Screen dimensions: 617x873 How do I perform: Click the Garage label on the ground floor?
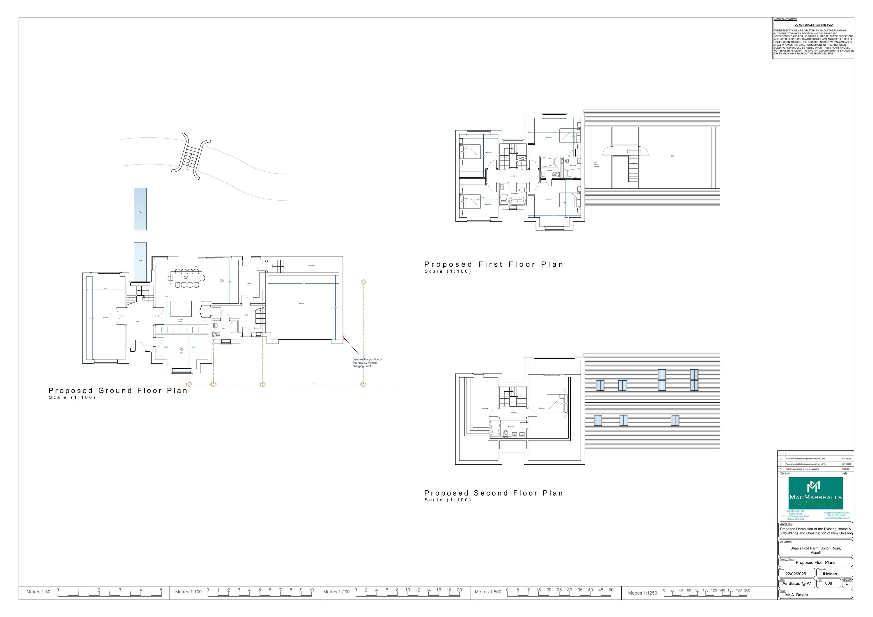coord(301,303)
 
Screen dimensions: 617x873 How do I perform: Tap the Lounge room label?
coord(105,317)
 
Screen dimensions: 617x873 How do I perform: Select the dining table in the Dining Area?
coord(186,278)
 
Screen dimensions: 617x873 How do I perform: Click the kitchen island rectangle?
coord(181,309)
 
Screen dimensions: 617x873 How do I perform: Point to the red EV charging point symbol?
coord(344,337)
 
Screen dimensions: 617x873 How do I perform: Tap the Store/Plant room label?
coord(311,266)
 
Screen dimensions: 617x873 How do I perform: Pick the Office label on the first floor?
coord(672,156)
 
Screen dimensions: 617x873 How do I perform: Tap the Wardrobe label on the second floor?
coord(485,408)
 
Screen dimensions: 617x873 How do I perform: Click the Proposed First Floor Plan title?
coord(494,264)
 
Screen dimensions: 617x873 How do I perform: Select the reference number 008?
coord(828,583)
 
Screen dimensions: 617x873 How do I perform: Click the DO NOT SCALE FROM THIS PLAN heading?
coord(814,25)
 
